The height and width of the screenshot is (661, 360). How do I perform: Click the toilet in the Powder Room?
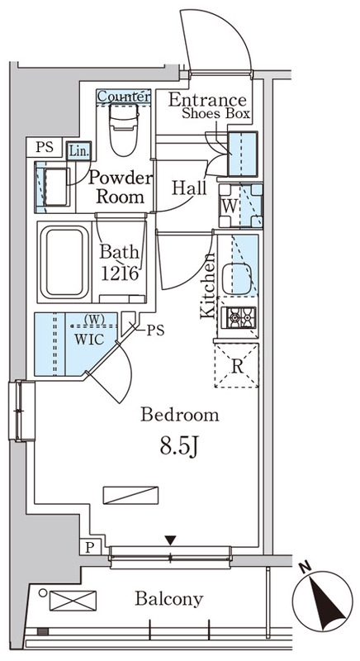pos(123,130)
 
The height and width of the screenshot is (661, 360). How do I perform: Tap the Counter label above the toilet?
pos(124,96)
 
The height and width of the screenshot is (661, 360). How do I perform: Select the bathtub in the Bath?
pos(67,262)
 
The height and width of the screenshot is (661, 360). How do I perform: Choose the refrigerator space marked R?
pos(237,365)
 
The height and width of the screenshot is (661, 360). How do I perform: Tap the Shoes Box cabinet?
pos(243,154)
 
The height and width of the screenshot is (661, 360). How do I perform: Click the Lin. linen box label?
pos(78,151)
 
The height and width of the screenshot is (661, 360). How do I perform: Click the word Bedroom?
pos(180,415)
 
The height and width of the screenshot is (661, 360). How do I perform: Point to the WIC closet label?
pos(89,340)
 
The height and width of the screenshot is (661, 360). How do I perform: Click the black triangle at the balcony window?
pos(170,540)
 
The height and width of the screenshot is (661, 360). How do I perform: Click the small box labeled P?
pos(90,547)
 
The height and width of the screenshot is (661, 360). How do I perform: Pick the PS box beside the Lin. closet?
pos(45,148)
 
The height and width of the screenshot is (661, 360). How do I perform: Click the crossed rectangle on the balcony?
pos(73,601)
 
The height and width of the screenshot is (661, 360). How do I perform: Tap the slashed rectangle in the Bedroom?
pos(130,495)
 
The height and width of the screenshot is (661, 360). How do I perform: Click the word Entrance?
pos(207,100)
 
